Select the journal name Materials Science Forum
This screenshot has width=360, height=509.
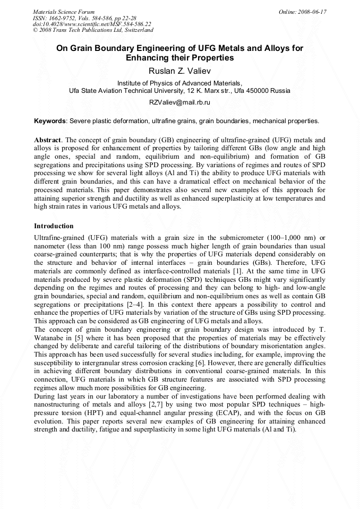pyautogui.click(x=64, y=12)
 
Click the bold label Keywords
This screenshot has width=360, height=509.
pyautogui.click(x=50, y=121)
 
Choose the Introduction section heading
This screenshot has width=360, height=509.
pyautogui.click(x=54, y=226)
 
